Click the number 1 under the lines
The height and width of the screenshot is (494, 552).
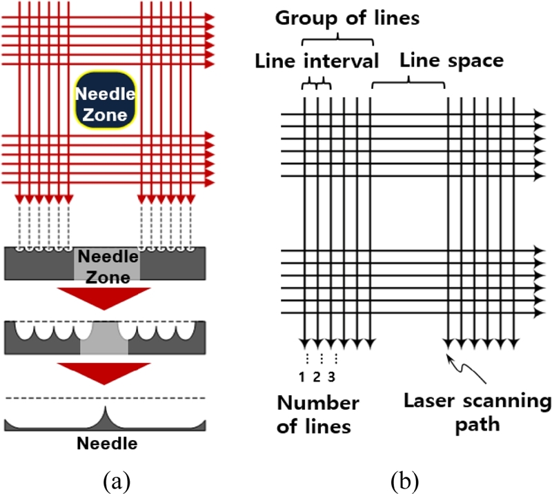pyautogui.click(x=302, y=377)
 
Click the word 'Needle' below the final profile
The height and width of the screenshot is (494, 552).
pyautogui.click(x=105, y=442)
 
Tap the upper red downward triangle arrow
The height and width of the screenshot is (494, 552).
pyautogui.click(x=104, y=299)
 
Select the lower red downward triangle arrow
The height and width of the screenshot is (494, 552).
pyautogui.click(x=104, y=373)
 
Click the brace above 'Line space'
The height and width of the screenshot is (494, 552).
pyautogui.click(x=408, y=82)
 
